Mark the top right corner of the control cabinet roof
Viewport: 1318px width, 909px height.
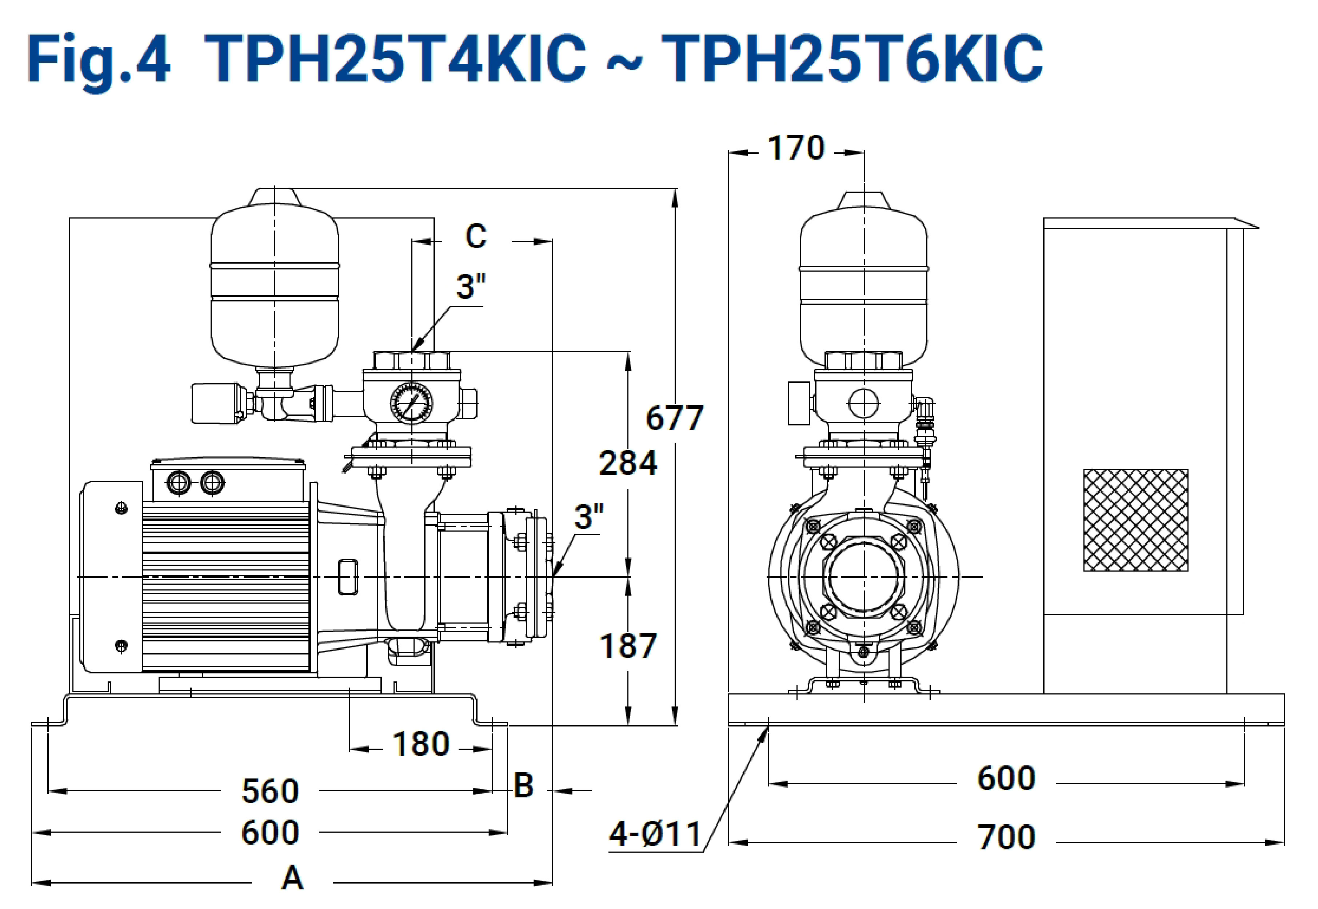pos(1259,228)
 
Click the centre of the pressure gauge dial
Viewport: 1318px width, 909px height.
pos(411,403)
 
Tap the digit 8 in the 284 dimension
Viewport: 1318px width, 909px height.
pos(628,462)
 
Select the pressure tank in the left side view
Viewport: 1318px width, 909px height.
pos(275,280)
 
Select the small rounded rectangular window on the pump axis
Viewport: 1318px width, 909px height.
pos(348,577)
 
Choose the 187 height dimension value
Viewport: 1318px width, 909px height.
pos(628,646)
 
